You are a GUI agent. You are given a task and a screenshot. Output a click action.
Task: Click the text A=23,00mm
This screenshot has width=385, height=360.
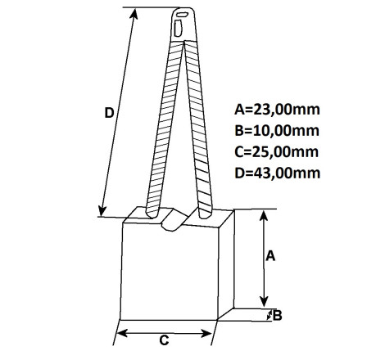277,110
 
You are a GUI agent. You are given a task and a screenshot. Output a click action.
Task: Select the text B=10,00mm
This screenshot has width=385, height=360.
277,131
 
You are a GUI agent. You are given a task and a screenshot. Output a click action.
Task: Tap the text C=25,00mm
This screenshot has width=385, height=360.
277,152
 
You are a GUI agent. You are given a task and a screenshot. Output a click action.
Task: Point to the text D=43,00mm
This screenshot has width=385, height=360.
278,173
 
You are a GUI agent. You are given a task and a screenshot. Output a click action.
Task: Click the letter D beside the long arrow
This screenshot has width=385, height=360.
109,113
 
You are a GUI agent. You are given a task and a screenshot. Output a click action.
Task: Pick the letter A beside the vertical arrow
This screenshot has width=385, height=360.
270,256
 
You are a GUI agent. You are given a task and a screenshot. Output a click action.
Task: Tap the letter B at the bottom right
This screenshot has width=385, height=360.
278,316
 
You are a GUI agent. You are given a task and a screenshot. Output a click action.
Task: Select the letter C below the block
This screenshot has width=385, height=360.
164,340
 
